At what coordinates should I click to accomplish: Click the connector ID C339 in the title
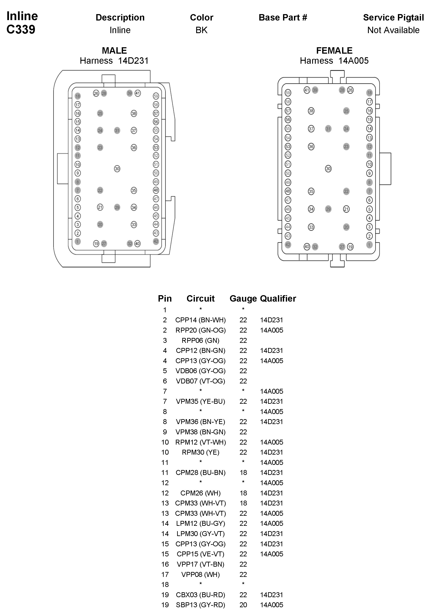point(21,29)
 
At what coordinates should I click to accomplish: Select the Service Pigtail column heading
point(393,18)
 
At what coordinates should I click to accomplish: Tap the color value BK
point(202,30)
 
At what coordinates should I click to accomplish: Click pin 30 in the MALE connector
point(117,169)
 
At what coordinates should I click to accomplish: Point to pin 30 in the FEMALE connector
point(328,169)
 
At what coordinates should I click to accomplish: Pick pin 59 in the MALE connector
point(156,96)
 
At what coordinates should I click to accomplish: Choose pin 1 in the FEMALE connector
point(369,245)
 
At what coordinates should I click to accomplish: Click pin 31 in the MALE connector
point(117,131)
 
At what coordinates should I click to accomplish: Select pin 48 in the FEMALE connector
point(288,191)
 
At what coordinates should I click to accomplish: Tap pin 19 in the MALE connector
point(96,244)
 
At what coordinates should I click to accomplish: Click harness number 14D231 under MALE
point(133,61)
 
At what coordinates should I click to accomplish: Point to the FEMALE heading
point(334,50)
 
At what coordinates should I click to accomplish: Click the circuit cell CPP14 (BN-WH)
point(200,320)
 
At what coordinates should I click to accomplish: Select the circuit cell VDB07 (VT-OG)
point(200,381)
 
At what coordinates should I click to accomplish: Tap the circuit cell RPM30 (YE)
point(200,452)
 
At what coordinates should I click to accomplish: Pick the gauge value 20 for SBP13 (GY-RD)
point(243,605)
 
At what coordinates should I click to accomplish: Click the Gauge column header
point(243,298)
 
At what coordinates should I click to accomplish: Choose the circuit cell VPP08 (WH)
point(200,574)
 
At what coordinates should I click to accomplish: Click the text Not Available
point(393,30)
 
